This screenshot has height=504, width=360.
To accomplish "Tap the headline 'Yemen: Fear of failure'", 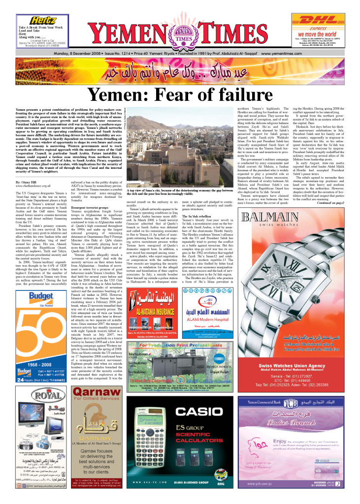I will (180, 94).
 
